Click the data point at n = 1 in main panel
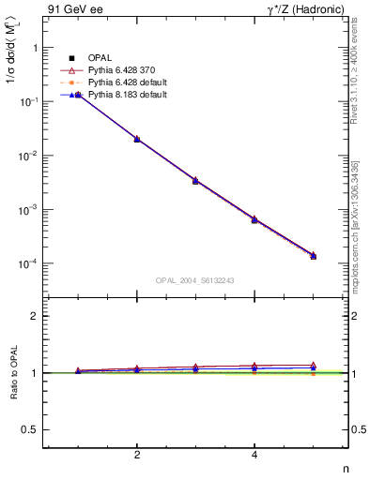click(x=79, y=96)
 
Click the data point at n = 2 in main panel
click(x=137, y=139)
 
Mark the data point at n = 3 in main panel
click(x=195, y=180)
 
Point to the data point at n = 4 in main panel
click(x=254, y=219)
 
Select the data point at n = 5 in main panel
click(x=313, y=256)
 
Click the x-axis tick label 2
click(x=137, y=456)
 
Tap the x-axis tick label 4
click(x=254, y=456)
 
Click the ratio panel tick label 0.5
click(x=31, y=429)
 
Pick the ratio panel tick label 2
click(x=36, y=316)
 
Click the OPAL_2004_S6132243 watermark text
click(x=195, y=280)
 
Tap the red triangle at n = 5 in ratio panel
click(x=313, y=365)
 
